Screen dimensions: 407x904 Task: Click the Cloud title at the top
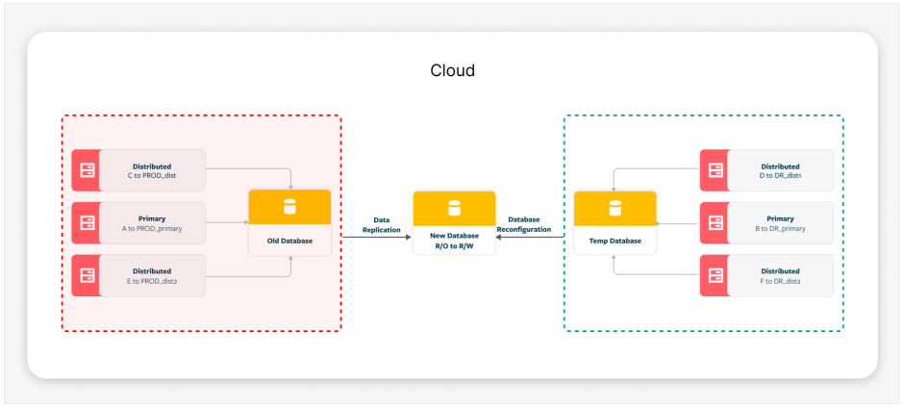point(452,71)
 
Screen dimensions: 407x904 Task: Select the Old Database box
point(289,222)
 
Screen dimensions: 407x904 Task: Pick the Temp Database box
point(614,222)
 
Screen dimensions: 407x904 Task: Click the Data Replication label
point(380,225)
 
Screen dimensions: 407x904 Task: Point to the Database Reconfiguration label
point(530,225)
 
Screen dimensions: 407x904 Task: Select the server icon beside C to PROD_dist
point(86,170)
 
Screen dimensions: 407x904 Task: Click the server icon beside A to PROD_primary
point(86,223)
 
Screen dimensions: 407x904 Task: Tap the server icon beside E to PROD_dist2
point(86,276)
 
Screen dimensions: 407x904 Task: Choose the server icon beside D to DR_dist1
point(714,170)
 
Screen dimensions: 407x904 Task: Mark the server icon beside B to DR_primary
point(714,223)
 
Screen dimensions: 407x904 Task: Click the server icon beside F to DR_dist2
point(714,276)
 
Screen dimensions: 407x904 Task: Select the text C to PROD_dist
point(151,176)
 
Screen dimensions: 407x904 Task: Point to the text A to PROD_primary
point(152,229)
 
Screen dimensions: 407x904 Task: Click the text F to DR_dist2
point(779,282)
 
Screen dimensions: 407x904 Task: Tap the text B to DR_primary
point(779,229)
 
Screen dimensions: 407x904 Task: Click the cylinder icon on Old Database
point(289,206)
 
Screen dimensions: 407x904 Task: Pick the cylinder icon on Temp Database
point(614,206)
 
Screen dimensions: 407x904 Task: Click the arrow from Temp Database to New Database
point(531,237)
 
